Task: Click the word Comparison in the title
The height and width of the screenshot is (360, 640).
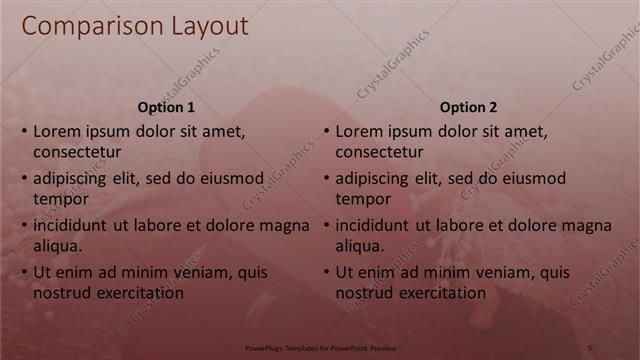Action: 87,27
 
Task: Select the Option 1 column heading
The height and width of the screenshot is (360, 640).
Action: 165,107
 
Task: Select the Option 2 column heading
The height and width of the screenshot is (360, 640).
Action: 468,107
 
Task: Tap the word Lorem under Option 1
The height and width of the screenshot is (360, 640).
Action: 57,131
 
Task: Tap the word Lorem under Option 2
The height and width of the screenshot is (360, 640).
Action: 359,131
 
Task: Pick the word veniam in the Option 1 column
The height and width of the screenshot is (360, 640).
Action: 209,273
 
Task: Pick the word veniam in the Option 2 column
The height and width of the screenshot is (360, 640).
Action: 511,273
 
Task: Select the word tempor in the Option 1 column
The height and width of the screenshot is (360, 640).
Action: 58,199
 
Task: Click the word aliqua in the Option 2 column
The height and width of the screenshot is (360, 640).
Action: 359,246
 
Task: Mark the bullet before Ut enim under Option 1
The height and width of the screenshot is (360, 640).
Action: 24,273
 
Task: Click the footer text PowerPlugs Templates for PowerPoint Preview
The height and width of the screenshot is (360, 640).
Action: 321,349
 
